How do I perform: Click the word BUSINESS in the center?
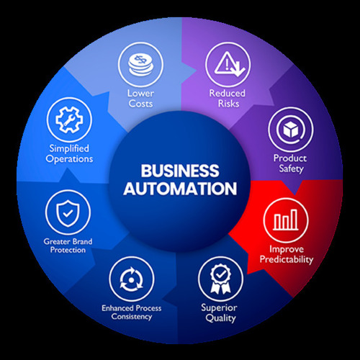click(179, 171)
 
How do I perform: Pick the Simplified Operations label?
click(67, 153)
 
